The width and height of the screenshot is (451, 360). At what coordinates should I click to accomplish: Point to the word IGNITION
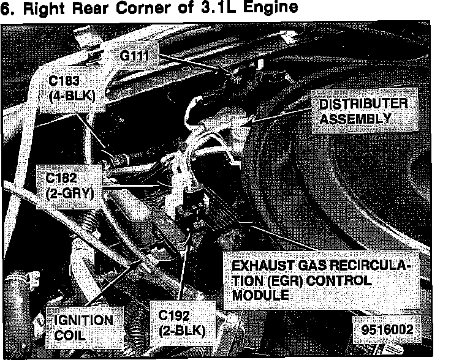point(83,320)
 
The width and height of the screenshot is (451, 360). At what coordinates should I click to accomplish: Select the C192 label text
point(173,316)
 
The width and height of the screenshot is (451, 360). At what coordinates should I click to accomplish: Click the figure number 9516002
point(387,328)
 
